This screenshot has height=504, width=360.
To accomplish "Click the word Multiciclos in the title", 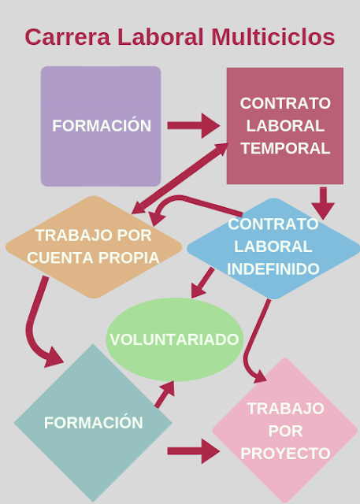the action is coord(273,37).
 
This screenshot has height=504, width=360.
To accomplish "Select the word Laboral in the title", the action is coord(161,37).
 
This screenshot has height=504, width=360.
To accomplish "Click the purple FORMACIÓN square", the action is coord(101,126).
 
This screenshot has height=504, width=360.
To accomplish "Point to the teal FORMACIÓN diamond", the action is coord(93,423).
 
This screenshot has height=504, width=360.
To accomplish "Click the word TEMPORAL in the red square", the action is coord(285,149).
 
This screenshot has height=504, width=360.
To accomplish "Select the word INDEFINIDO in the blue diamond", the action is coord(273,269).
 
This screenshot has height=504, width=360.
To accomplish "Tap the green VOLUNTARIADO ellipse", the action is coord(175,339).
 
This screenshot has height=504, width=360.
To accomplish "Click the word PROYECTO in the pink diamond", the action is coord(285,454).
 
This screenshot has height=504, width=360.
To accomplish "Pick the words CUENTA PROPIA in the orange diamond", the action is coord(93,258).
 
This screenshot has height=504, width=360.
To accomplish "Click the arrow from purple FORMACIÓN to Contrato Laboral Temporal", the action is coord(194,126).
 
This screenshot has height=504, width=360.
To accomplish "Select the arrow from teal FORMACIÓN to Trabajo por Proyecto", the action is coord(194,451).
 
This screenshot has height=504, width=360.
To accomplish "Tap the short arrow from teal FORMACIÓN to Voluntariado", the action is coord(165,395).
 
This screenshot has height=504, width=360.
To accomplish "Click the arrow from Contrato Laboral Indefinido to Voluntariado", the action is coord(202,283).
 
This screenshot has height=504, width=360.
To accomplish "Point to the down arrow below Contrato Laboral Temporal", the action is coord(323,203).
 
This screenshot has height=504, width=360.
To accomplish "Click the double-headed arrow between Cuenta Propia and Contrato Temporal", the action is coord(180,179).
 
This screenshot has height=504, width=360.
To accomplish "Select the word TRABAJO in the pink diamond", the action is coord(285,409).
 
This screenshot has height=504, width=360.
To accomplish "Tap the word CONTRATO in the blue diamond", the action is coord(273,224).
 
